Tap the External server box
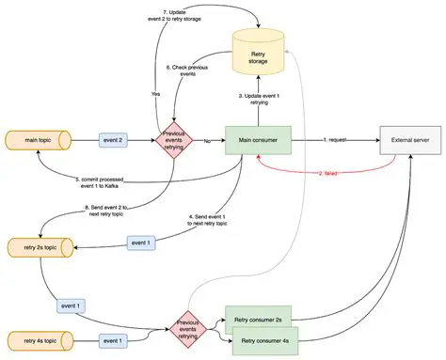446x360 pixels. (x=411, y=140)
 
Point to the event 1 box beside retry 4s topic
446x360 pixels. (x=112, y=338)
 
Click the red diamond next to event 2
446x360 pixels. (x=172, y=140)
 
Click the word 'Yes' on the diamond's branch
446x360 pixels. (x=155, y=94)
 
